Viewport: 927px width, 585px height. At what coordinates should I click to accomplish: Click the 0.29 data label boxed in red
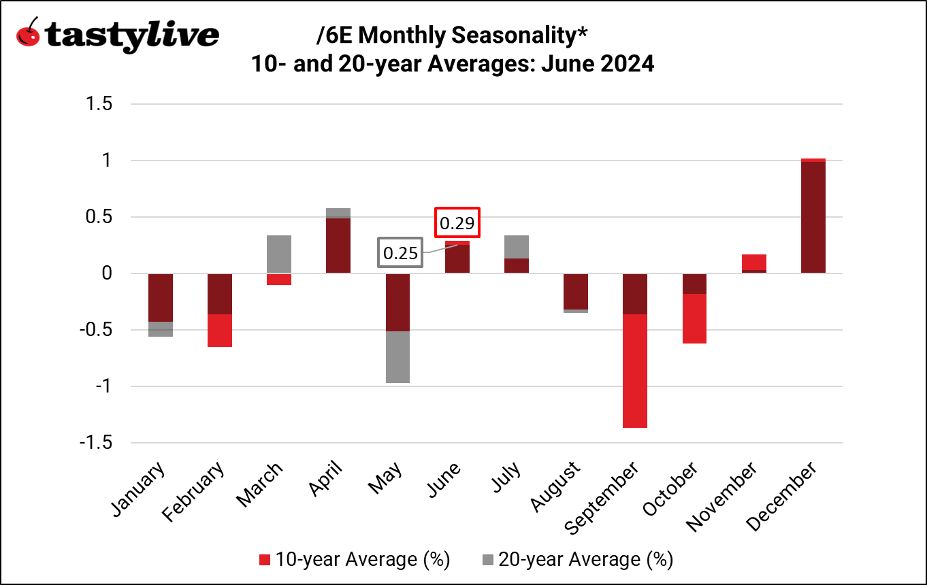457,222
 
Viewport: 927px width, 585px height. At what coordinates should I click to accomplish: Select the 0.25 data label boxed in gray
400,253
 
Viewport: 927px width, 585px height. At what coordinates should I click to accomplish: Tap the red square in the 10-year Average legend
265,560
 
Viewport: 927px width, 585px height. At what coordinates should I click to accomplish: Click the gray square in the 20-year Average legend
487,560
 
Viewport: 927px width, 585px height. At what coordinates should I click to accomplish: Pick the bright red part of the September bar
634,371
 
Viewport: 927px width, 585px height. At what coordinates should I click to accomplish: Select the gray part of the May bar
397,357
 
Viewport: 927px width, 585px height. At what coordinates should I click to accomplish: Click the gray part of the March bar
279,254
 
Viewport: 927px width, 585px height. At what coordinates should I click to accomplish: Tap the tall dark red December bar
813,218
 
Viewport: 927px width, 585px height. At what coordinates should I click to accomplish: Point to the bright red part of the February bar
220,331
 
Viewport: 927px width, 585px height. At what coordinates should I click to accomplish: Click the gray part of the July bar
517,246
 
